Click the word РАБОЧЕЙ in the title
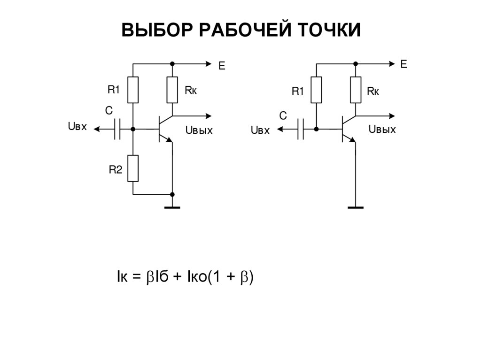[240, 31]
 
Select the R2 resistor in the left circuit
[133, 168]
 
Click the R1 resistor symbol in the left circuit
[133, 90]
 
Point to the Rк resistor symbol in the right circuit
[356, 90]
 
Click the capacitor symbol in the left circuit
[117, 129]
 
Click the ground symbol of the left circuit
[172, 206]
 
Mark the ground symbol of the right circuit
[356, 206]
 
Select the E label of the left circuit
[222, 67]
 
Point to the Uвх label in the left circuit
[78, 127]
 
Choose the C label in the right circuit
[283, 115]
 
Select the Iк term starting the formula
[123, 277]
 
